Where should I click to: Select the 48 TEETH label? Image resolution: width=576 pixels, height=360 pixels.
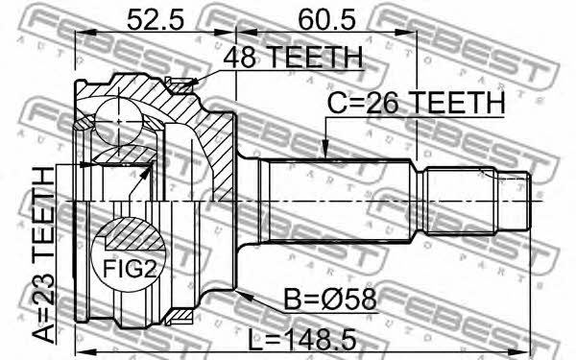coord(293,57)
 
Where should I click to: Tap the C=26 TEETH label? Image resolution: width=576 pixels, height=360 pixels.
coord(416,103)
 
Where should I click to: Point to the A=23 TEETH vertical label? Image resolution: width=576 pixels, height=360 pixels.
coord(43,255)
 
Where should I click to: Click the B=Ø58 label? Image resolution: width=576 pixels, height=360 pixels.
coord(330,299)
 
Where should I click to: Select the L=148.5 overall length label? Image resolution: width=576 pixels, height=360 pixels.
coord(302,339)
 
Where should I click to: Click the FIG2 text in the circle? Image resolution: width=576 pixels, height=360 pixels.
coord(130,269)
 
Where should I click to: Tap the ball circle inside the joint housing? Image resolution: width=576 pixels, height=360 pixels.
coord(119,121)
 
